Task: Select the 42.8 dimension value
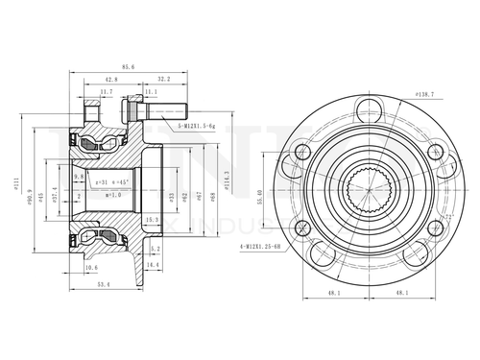click(111, 81)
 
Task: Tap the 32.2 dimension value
click(163, 81)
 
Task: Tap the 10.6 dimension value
click(92, 268)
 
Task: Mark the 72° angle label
click(448, 220)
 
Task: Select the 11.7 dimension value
click(107, 93)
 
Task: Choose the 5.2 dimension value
click(156, 249)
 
